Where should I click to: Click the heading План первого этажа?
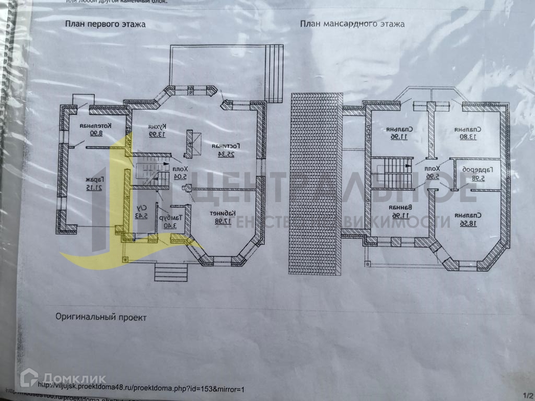point(105,24)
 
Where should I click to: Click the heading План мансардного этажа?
point(352,24)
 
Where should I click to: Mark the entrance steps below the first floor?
point(171,272)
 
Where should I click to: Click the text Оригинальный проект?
point(101,317)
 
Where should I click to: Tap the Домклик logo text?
point(74,378)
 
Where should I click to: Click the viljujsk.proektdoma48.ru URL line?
point(141,389)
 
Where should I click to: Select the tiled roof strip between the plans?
point(314,183)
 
